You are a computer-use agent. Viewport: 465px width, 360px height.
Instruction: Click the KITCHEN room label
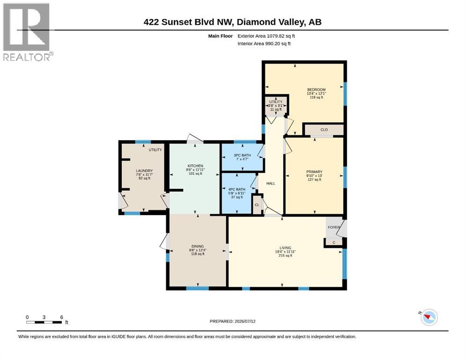click(195, 166)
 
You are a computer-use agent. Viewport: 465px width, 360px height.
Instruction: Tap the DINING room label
click(198, 247)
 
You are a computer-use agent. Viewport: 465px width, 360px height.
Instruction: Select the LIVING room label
click(285, 248)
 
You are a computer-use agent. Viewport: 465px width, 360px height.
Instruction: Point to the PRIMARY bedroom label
click(314, 172)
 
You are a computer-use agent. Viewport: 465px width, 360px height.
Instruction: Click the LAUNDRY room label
click(144, 171)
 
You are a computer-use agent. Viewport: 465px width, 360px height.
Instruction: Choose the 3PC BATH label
click(242, 155)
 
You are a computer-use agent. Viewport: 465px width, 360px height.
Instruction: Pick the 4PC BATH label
click(236, 189)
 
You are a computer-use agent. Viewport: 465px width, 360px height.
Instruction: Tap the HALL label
click(271, 184)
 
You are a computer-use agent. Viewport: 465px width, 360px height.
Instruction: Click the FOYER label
click(334, 227)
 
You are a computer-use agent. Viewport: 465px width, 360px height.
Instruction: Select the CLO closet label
click(324, 130)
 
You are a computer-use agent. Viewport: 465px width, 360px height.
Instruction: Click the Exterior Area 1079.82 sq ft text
click(266, 36)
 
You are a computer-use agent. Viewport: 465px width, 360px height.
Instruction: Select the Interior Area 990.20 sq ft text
click(264, 44)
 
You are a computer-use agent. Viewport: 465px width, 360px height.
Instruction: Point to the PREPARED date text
click(232, 321)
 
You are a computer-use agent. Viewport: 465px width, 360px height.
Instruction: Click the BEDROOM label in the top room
click(316, 90)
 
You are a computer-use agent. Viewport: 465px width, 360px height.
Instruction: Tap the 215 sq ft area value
click(285, 255)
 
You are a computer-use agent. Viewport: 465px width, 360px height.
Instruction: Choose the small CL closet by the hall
click(257, 205)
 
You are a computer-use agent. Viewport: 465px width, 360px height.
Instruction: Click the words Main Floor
click(221, 36)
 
